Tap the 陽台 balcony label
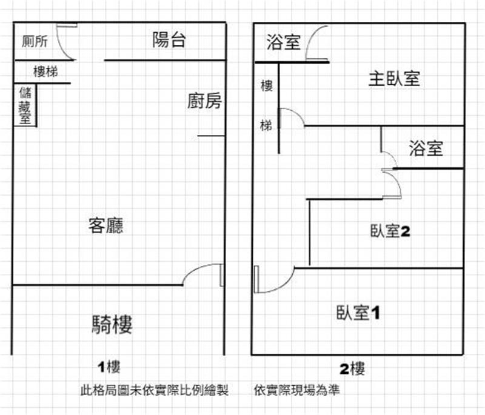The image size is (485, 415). point(168,41)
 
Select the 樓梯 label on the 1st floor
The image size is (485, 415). point(45,72)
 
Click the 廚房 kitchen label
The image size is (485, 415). point(204,102)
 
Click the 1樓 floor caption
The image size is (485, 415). point(110,367)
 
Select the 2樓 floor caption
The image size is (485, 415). point(352,368)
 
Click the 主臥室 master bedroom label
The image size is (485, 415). point(394,78)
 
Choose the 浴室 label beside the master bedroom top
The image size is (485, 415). point(283,42)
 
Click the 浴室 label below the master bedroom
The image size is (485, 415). point(426,148)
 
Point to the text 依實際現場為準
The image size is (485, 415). point(297,391)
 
